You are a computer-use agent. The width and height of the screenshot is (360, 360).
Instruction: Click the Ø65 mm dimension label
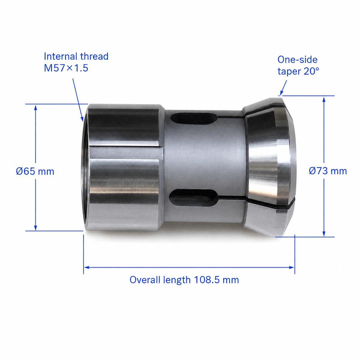click(35, 171)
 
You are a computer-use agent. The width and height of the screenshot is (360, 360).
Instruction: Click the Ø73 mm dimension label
click(328, 171)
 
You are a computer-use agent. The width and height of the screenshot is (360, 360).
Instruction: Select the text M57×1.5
click(66, 68)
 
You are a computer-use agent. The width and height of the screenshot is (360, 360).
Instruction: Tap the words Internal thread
click(76, 56)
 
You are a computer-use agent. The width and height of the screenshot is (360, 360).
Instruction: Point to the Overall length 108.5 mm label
click(184, 280)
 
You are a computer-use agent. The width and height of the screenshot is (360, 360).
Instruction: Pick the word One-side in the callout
click(297, 60)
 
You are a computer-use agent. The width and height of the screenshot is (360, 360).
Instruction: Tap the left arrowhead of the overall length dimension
click(86, 267)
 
